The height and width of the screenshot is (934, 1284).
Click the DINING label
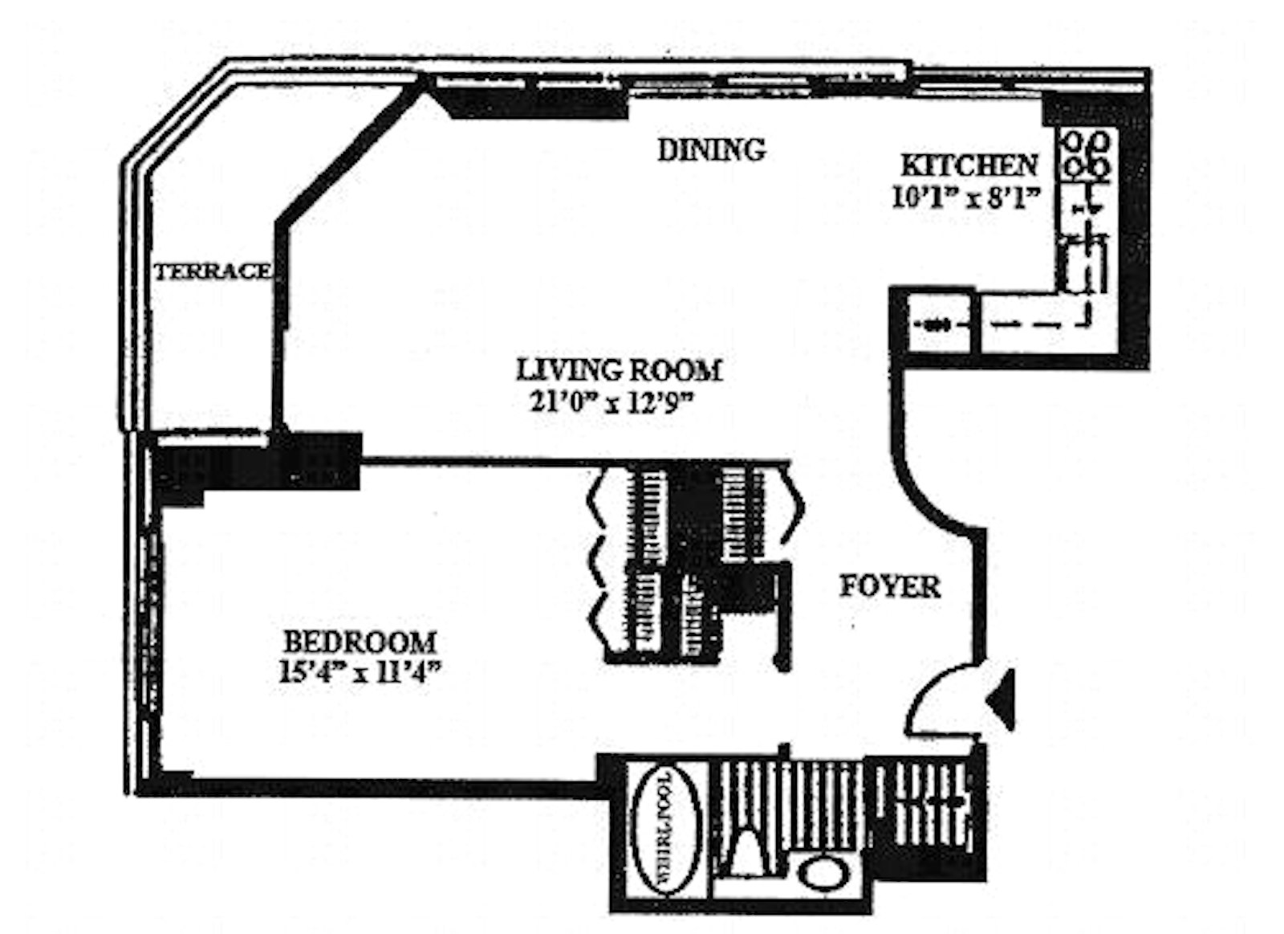(711, 150)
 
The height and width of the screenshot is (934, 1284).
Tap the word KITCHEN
(969, 165)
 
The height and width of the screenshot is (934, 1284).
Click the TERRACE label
(213, 271)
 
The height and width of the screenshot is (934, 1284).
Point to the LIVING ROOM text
(619, 370)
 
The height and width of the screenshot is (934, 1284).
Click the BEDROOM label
(360, 642)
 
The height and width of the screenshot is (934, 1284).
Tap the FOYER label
(890, 586)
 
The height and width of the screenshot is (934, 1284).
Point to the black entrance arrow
(1002, 699)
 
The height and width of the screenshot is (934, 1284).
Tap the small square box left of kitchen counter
(934, 324)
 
